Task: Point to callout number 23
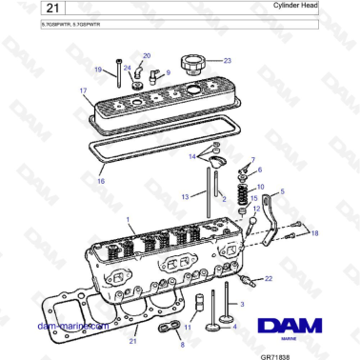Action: (x=228, y=59)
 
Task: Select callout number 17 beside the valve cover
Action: (x=84, y=91)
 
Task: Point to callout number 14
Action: (x=191, y=156)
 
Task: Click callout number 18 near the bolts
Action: (x=315, y=231)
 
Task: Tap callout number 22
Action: (x=269, y=278)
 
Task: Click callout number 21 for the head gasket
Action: (x=134, y=340)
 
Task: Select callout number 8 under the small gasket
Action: (x=182, y=344)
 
